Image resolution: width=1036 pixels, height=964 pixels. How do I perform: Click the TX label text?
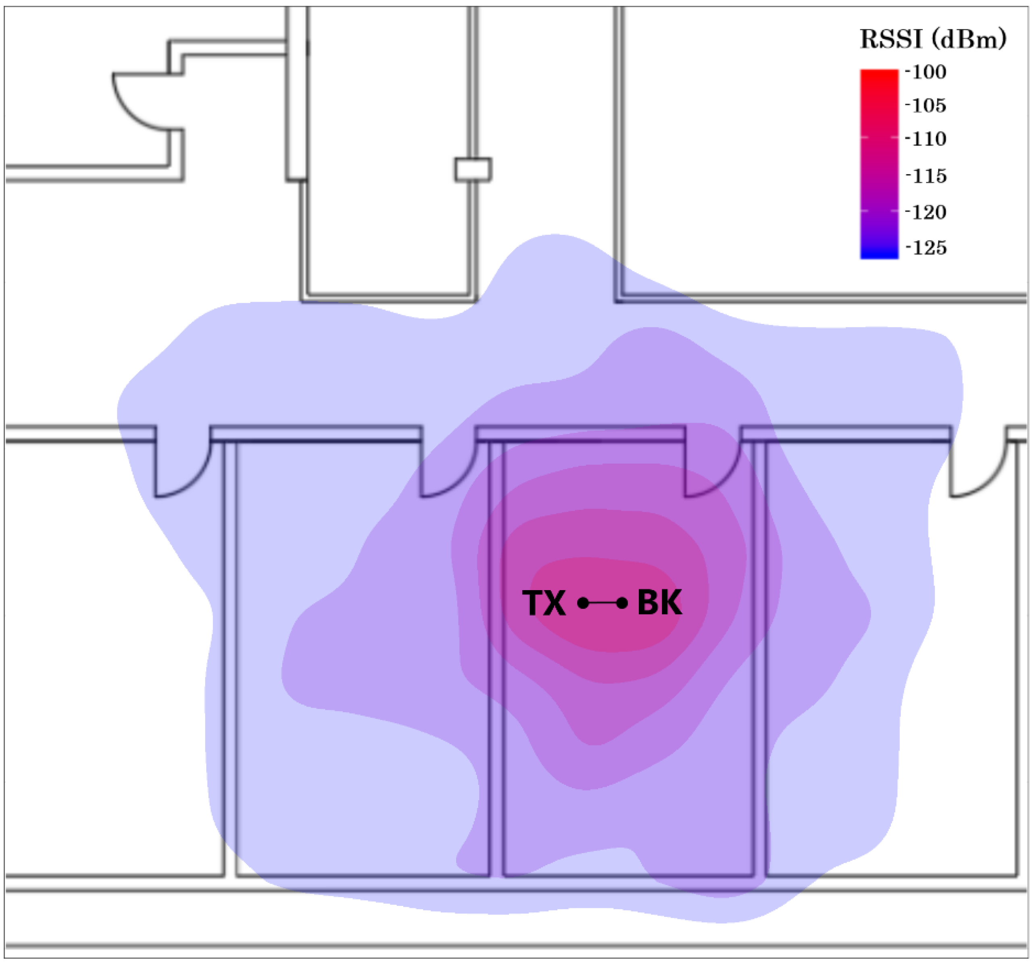544,604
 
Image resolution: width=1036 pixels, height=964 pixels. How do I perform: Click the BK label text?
659,603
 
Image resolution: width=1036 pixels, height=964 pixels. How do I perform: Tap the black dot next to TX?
583,604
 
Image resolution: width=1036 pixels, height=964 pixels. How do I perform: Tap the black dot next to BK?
622,604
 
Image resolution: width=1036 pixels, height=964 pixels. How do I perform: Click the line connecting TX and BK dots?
602,604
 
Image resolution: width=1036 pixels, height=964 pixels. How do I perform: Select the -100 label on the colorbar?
926,72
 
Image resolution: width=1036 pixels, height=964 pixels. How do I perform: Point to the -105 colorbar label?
926,106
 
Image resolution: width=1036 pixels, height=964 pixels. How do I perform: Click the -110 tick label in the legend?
926,139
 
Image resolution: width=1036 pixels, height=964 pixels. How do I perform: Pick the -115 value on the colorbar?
926,176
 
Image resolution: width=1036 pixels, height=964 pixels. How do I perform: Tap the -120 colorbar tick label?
926,212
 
